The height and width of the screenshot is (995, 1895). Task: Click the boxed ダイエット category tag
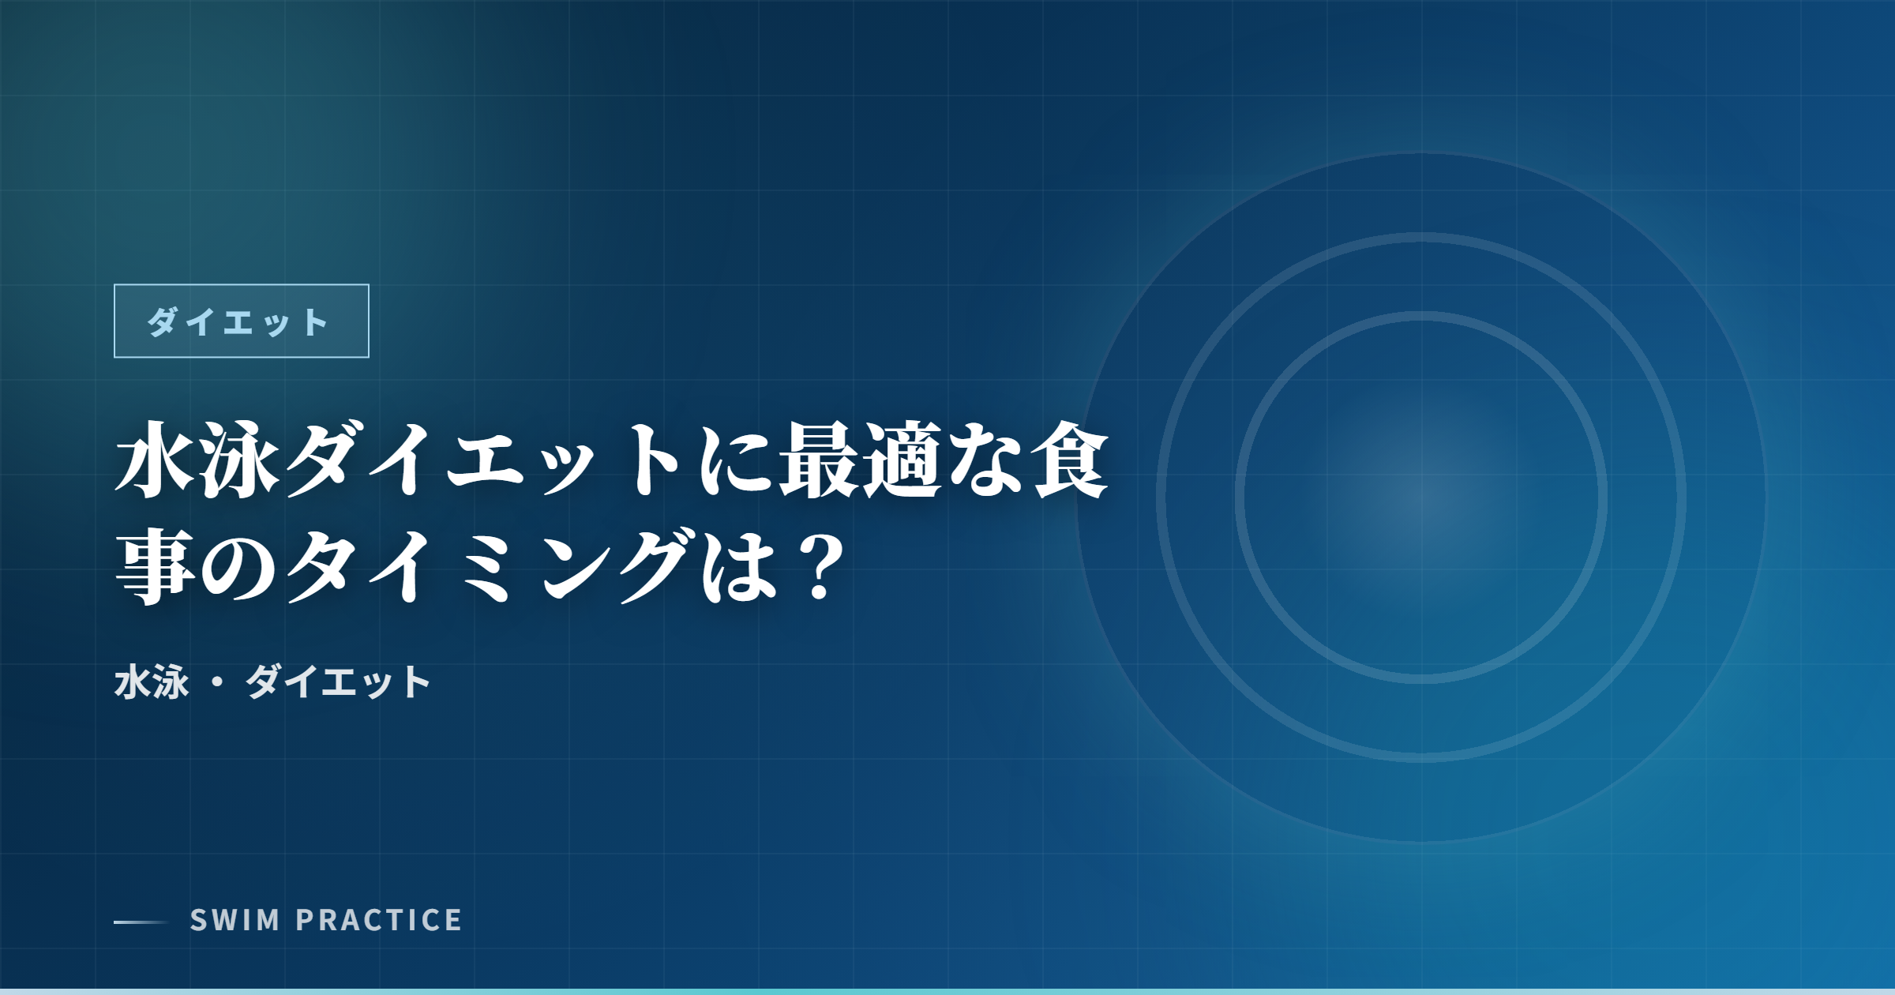[x=241, y=321]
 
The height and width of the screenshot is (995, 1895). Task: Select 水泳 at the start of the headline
[x=197, y=460]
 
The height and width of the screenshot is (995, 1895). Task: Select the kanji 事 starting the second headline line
[x=156, y=566]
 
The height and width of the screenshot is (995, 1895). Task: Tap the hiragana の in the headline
[x=238, y=566]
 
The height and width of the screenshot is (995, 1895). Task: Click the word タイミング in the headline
[x=490, y=566]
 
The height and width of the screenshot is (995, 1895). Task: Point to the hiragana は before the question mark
[x=739, y=566]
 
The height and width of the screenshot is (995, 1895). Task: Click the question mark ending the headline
[x=818, y=566]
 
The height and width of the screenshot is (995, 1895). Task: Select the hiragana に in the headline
[x=736, y=460]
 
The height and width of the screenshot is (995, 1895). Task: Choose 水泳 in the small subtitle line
[x=152, y=682]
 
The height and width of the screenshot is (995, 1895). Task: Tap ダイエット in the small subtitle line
[x=338, y=682]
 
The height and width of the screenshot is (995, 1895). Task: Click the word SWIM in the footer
[x=235, y=921]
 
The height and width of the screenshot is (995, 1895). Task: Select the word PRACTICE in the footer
[x=379, y=921]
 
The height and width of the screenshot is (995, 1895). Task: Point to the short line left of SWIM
[x=141, y=922]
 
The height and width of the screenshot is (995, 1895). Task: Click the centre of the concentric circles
[x=1421, y=497]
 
